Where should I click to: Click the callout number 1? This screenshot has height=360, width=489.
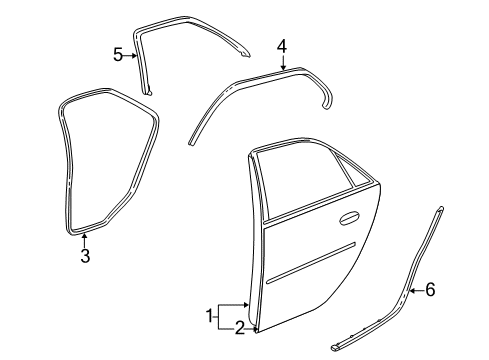coord(211,317)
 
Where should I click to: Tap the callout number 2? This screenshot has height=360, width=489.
coord(239,327)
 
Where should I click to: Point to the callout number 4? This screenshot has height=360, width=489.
coord(282,45)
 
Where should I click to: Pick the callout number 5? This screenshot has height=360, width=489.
coord(117,55)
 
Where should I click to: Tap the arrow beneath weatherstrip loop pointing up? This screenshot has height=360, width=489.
coord(85,240)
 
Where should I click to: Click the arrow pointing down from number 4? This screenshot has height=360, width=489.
coord(282,64)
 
